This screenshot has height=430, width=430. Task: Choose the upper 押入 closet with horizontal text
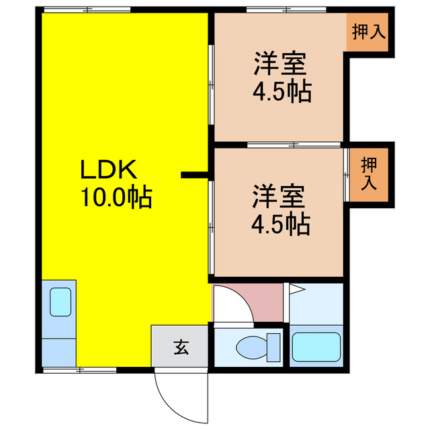click(x=369, y=32)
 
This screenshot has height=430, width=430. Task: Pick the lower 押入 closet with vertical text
click(x=369, y=174)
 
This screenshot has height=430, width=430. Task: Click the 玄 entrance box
click(x=181, y=347)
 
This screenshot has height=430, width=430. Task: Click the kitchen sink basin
click(x=60, y=301)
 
